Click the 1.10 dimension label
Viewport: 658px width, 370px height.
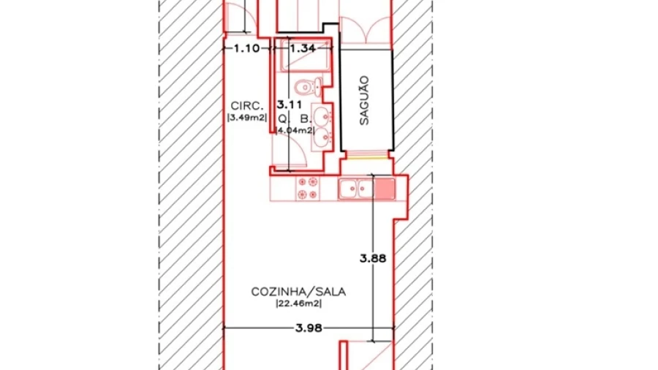point(246,48)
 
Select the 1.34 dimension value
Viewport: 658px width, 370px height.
point(303,48)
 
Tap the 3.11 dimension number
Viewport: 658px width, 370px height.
point(290,105)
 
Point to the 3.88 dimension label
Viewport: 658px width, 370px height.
point(373,258)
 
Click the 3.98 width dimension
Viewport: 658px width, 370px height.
point(309,328)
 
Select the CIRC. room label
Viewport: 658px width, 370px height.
point(247,106)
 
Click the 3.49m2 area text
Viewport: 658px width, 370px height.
point(247,118)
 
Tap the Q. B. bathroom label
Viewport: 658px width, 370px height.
point(295,120)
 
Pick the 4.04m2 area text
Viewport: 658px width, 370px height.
point(295,130)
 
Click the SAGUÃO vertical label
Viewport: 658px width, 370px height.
point(364,100)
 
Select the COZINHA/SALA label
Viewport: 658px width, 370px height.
point(298,292)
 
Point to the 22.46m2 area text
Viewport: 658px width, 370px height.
point(298,303)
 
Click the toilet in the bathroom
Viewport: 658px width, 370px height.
point(309,87)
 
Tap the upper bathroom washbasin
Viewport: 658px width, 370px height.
point(322,115)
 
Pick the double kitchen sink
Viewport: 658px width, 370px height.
point(356,189)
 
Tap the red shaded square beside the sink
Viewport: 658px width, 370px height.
point(385,189)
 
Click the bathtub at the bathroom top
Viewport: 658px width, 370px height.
point(305,56)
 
